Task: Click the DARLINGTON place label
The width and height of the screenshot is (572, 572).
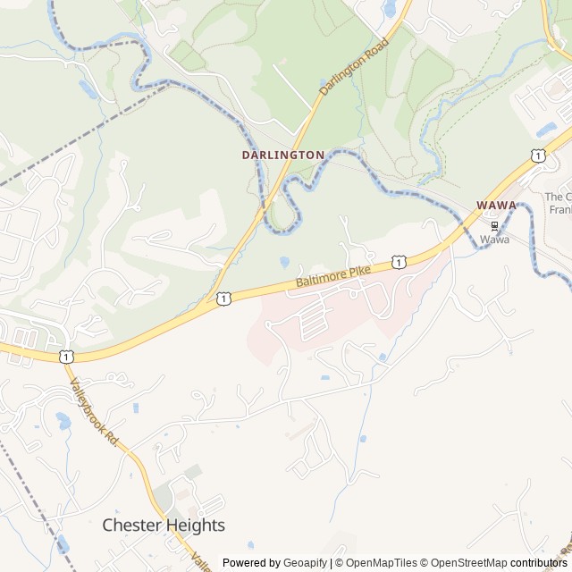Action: pos(282,155)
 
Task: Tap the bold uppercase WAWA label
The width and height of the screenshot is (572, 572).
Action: pos(496,206)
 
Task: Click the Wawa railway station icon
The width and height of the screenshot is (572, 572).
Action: pos(495,225)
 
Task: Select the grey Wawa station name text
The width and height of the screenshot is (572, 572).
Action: pos(494,240)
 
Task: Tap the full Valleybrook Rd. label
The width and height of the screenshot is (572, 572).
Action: pos(94,412)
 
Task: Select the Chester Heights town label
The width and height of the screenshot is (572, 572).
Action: pos(164,525)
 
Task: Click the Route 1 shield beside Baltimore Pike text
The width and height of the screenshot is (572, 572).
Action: pos(399,262)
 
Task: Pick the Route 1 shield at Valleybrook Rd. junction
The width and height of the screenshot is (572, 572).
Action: pos(66,356)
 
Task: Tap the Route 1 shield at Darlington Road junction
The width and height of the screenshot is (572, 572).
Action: pos(223,298)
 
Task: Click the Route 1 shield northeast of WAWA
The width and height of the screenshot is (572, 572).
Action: pos(537,156)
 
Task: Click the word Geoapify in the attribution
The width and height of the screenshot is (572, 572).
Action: pos(305,563)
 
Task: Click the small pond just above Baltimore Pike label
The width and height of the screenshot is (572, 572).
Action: pos(284,262)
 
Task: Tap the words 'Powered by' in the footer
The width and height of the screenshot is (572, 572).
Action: pos(251,563)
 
